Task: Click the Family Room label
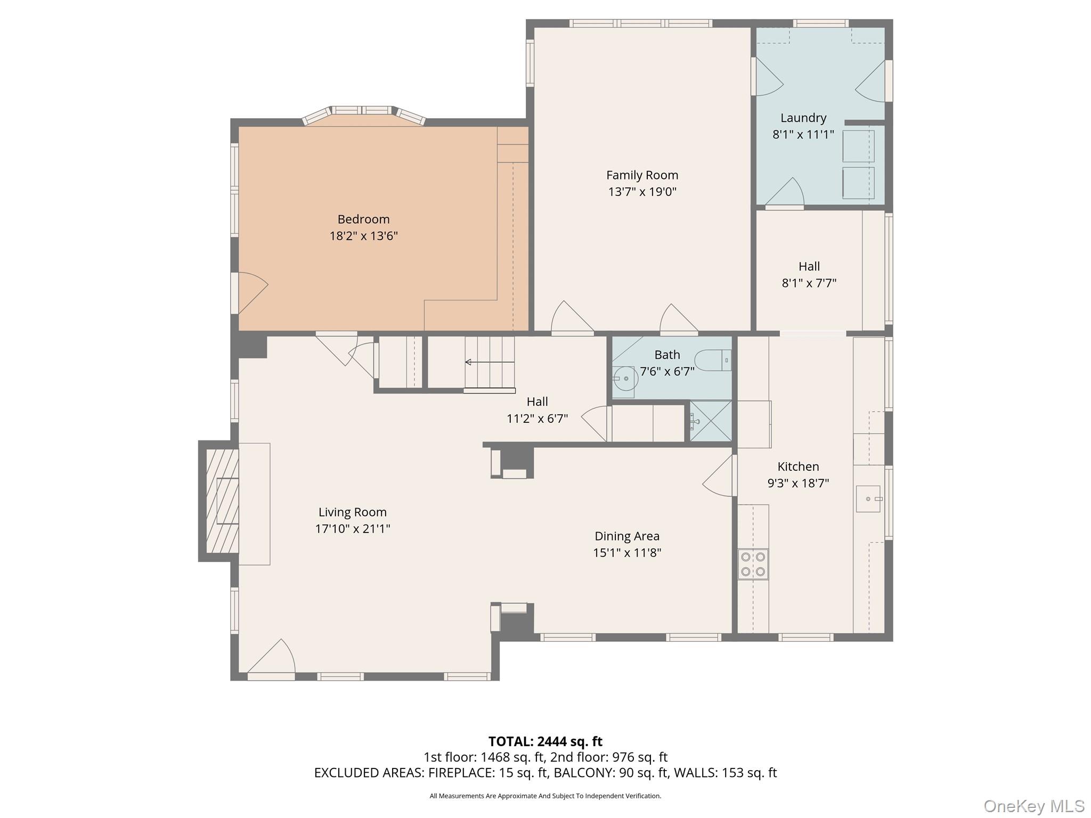tap(642, 175)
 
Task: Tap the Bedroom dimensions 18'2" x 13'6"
tap(363, 236)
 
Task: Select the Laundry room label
tap(803, 118)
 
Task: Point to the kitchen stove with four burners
tap(753, 564)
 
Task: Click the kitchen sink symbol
tap(868, 499)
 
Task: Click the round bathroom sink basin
tap(625, 379)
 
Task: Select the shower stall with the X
tap(711, 421)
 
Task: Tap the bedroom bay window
tap(364, 113)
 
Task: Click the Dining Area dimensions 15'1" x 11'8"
tap(627, 553)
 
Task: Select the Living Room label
tap(352, 512)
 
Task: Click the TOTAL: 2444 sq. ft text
tap(545, 741)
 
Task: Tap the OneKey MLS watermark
tap(1033, 806)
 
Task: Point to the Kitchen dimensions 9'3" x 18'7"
tap(798, 484)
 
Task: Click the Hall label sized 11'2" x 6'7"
tap(537, 402)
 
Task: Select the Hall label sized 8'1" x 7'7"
tap(809, 266)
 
